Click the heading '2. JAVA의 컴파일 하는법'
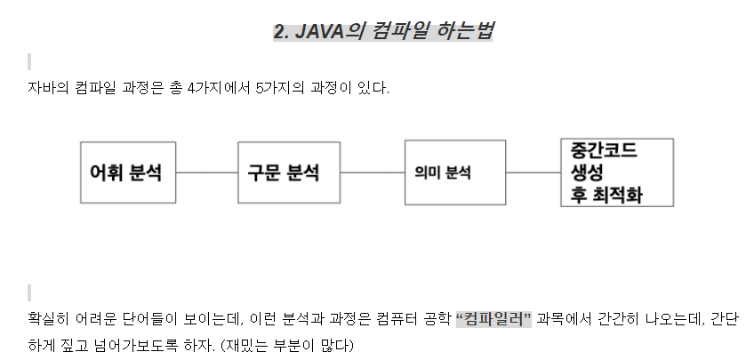(382, 31)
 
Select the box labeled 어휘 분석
(128, 172)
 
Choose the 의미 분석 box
(442, 172)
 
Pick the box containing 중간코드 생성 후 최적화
(616, 172)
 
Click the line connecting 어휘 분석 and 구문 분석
(207, 173)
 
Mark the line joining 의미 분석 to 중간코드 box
(533, 173)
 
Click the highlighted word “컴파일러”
(493, 318)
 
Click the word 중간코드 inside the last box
(604, 150)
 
